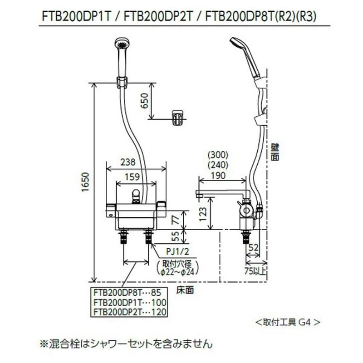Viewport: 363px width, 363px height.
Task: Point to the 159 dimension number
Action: tap(132, 177)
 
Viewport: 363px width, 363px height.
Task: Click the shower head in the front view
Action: tap(122, 48)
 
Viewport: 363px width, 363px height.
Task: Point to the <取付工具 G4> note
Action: tap(288, 323)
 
